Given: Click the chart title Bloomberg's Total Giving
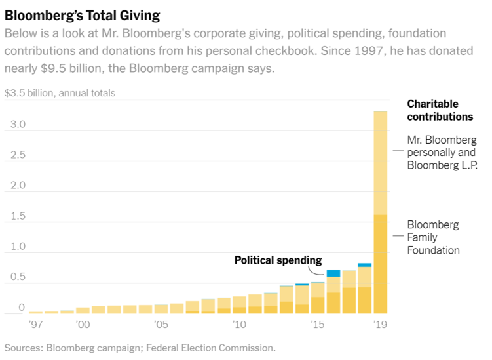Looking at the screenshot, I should [83, 14].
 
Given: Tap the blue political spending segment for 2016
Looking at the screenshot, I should [333, 273].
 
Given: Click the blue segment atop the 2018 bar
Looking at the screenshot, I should [365, 265].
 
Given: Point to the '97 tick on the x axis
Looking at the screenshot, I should [35, 324].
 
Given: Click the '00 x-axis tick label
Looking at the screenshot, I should [83, 324].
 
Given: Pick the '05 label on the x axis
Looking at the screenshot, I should [161, 324].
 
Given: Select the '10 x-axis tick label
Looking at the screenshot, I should [239, 324].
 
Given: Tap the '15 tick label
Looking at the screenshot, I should [318, 324].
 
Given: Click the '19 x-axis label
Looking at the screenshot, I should [380, 324].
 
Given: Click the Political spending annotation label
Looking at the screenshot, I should [278, 260].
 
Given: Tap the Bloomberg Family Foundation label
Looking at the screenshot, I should [433, 237].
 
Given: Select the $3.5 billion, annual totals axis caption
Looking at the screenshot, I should [60, 93].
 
